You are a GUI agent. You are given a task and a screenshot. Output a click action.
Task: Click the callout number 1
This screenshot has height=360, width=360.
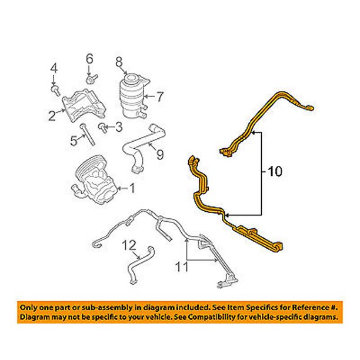pyautogui.click(x=132, y=188)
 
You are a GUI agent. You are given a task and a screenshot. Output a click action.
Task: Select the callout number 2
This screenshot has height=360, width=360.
pyautogui.click(x=52, y=115)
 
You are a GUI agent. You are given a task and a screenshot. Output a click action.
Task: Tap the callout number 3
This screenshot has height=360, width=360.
pyautogui.click(x=118, y=126)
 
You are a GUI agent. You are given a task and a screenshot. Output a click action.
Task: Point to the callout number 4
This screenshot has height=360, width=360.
pyautogui.click(x=54, y=69)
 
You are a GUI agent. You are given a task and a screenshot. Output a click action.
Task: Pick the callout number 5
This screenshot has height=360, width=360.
pyautogui.click(x=74, y=141)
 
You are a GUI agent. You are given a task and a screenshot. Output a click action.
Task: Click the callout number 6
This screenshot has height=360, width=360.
pyautogui.click(x=89, y=59)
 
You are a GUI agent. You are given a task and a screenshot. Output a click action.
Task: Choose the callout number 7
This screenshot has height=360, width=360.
pyautogui.click(x=160, y=96)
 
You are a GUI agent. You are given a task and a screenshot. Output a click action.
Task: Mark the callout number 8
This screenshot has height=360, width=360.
pyautogui.click(x=119, y=62)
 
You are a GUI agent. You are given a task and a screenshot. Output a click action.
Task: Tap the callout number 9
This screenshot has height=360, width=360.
pyautogui.click(x=160, y=154)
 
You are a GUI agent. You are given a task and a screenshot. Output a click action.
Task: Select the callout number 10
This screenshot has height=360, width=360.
pyautogui.click(x=275, y=171)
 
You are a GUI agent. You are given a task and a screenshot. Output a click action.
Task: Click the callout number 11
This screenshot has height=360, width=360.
pyautogui.click(x=181, y=267)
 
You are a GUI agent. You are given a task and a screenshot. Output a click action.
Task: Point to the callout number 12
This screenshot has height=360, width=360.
pyautogui.click(x=129, y=245)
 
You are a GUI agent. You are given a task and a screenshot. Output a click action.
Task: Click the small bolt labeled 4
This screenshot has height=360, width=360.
pyautogui.click(x=55, y=91)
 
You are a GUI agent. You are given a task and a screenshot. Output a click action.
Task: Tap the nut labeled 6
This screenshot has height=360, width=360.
pyautogui.click(x=92, y=79)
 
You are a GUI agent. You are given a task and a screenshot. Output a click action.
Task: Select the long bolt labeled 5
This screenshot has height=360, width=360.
pyautogui.click(x=87, y=135)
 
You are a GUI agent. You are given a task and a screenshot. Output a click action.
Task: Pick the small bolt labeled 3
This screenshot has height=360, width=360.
pyautogui.click(x=103, y=128)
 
